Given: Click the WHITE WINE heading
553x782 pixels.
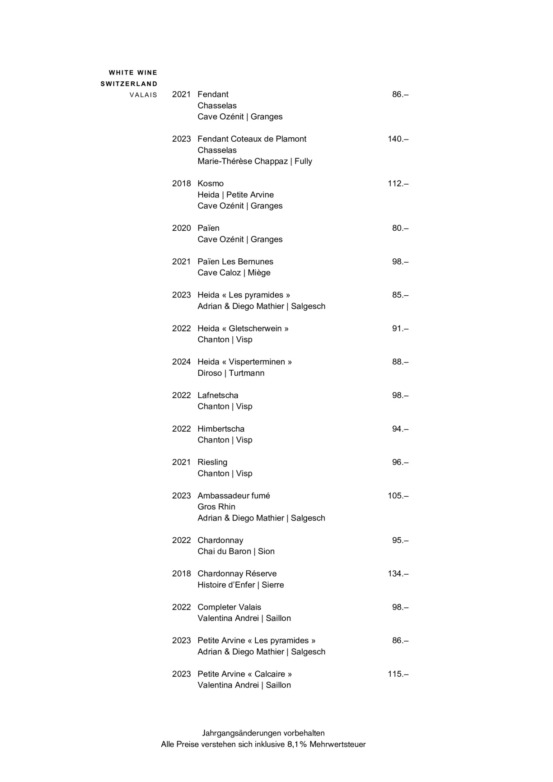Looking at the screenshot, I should tap(133, 73).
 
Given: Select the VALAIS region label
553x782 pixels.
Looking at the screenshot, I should tap(143, 95).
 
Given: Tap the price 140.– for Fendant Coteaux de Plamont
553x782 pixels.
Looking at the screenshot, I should tap(398, 139).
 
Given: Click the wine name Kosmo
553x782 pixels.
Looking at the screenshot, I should tap(211, 184).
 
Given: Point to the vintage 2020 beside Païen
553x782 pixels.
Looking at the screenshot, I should tap(181, 228).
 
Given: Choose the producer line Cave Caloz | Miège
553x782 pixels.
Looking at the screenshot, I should tap(234, 273).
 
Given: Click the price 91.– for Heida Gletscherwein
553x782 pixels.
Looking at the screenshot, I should tap(400, 329).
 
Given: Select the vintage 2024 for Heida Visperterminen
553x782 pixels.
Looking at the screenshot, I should tap(181, 362).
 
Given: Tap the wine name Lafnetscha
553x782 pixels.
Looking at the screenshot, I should tap(218, 396).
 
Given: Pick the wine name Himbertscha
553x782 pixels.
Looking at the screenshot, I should tap(221, 429).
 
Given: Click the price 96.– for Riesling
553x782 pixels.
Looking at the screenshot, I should tap(400, 462).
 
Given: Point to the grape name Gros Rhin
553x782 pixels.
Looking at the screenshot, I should tap(216, 507).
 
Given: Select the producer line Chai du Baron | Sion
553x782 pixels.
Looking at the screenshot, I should tap(236, 551).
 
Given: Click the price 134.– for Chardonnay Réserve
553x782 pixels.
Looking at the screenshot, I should tap(398, 574).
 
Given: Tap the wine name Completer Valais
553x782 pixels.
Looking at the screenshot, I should tap(229, 607).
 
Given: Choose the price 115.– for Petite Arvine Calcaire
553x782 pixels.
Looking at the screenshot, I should tap(398, 674).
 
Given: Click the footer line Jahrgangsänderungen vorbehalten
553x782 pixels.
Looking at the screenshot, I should tap(263, 733).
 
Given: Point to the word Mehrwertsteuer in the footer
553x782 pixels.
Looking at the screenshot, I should tap(337, 745).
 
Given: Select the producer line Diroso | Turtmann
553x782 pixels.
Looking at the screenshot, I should tap(231, 373).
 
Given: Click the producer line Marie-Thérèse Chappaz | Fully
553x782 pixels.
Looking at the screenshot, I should tap(255, 161).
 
